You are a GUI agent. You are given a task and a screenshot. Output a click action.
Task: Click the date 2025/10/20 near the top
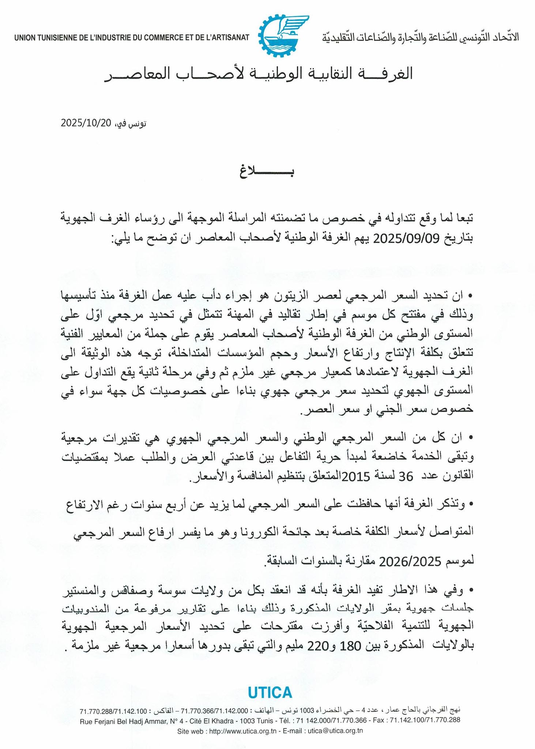(x=86, y=123)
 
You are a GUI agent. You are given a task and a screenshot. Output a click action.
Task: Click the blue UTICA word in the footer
(x=270, y=692)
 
